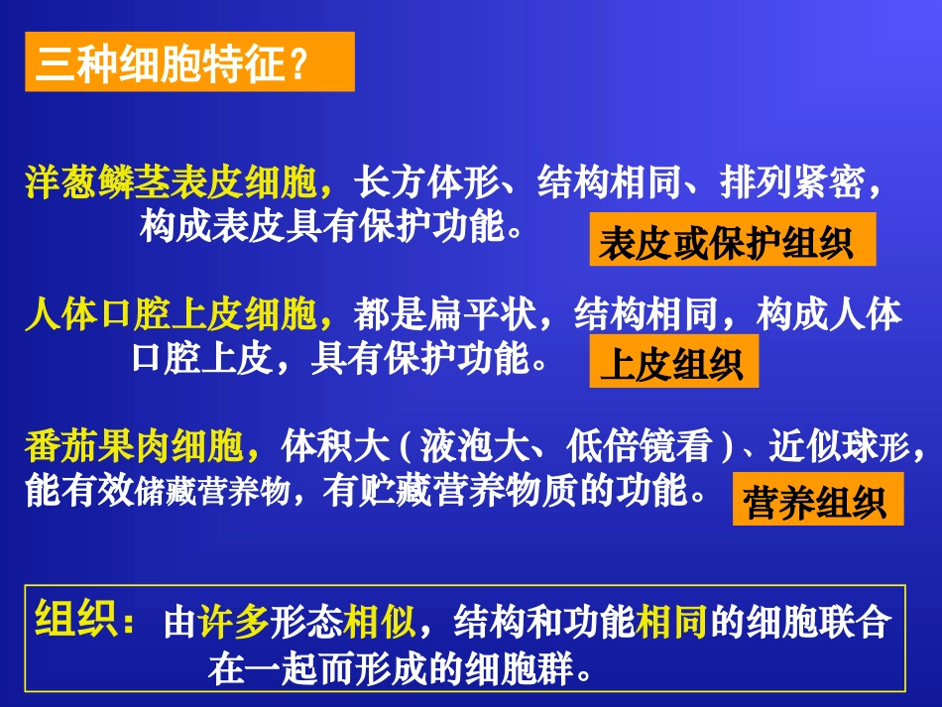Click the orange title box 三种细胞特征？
(188, 62)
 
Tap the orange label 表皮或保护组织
(732, 241)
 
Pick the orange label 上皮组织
(673, 364)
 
